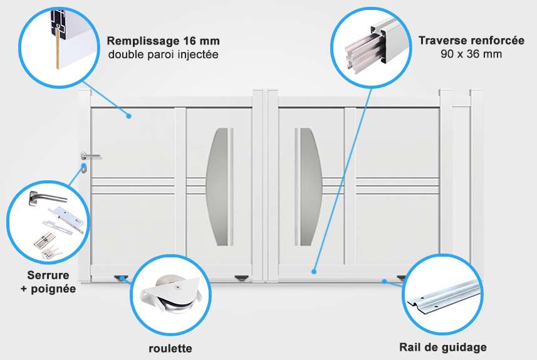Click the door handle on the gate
click(91, 157)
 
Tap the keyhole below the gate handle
click(83, 168)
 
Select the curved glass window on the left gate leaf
click(217, 187)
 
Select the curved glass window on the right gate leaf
click(311, 187)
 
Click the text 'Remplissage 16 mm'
click(164, 41)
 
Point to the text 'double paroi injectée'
click(164, 54)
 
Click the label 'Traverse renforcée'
click(471, 40)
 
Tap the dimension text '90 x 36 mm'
click(471, 54)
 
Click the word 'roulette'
click(170, 348)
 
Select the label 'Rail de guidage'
click(443, 347)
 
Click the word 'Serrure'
click(48, 275)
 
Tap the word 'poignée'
click(53, 289)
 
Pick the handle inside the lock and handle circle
click(47, 198)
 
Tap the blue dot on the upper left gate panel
click(129, 116)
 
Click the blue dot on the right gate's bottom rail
click(313, 272)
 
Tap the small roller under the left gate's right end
click(241, 279)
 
